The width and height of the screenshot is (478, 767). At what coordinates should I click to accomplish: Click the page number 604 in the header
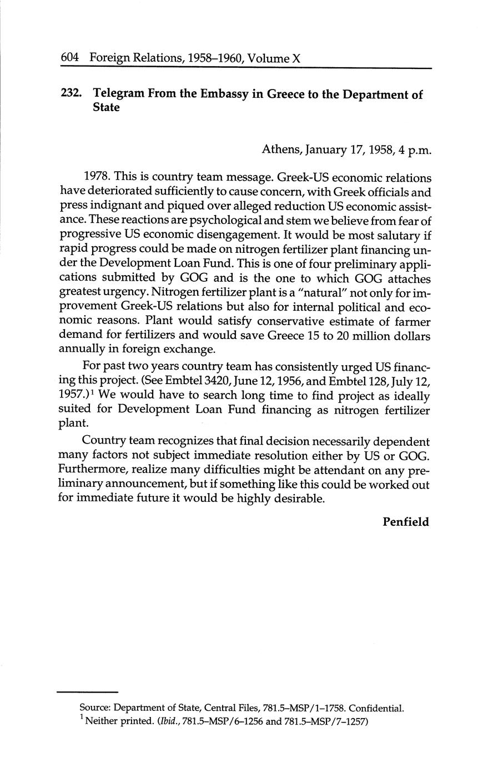point(71,57)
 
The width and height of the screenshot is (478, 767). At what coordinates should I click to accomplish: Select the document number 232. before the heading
point(72,94)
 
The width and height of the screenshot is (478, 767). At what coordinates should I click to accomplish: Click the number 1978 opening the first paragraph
point(96,178)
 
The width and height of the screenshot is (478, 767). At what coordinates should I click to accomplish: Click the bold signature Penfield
point(406,521)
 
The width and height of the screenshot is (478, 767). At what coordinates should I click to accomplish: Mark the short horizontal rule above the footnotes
point(88,692)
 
